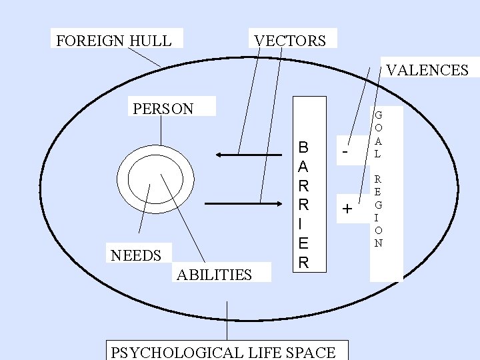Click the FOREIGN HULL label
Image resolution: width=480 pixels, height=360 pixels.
tap(114, 41)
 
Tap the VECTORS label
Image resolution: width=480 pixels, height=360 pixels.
tap(290, 41)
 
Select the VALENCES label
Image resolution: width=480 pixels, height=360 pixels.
tap(427, 70)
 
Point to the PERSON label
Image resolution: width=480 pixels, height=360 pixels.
tap(163, 109)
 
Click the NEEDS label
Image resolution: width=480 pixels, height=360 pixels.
tap(136, 255)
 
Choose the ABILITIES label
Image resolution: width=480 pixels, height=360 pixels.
tap(214, 275)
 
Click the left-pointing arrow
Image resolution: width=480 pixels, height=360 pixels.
tap(239, 155)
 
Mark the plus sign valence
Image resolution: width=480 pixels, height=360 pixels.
tap(346, 209)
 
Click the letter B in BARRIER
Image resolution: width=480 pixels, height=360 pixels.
tap(303, 147)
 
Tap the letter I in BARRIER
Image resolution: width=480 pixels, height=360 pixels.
tap(303, 224)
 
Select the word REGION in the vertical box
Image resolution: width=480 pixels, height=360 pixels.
tap(378, 211)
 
